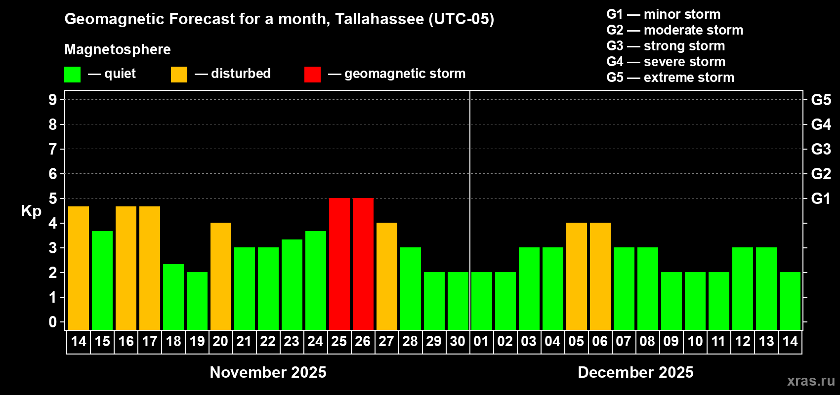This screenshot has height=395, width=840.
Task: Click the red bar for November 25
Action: tap(339, 264)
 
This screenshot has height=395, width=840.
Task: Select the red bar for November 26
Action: tap(363, 264)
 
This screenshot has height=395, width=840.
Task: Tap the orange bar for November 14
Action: tap(79, 268)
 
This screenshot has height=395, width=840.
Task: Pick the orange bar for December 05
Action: tap(577, 276)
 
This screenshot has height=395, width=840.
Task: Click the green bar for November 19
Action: tap(197, 301)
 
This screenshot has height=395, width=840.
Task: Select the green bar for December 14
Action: tap(790, 301)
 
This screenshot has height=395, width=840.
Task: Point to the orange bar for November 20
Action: tap(221, 276)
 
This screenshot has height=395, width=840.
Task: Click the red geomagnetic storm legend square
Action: tap(312, 75)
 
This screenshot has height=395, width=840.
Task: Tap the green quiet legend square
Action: tap(73, 75)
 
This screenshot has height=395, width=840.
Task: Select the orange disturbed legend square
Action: tap(179, 75)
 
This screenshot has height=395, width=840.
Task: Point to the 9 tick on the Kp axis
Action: tap(53, 100)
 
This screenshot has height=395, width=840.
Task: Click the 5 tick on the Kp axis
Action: tap(53, 198)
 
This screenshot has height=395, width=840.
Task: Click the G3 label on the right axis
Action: tap(821, 149)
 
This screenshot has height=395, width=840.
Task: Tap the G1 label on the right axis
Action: tap(821, 198)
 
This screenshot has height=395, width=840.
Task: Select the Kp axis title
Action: tap(31, 211)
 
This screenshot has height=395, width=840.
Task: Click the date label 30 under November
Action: tap(458, 341)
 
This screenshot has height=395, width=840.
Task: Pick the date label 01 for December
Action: tap(481, 341)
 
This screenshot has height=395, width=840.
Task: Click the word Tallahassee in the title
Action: tap(379, 19)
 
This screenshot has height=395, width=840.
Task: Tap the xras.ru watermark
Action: tap(811, 380)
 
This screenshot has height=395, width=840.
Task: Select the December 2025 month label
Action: tap(635, 372)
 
